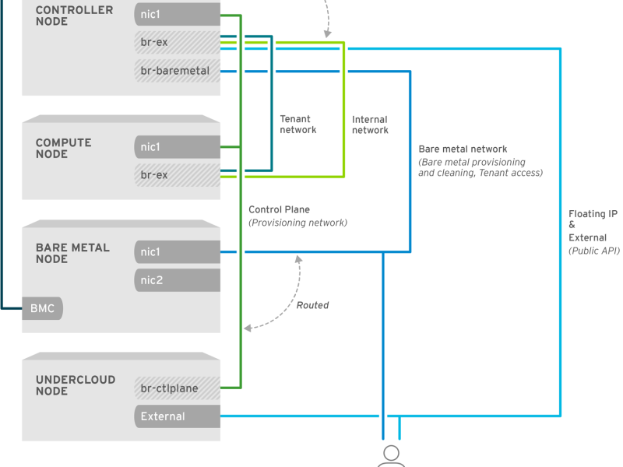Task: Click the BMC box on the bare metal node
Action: tap(42, 308)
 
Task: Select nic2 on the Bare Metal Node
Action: tap(178, 280)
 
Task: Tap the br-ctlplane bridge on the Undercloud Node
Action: tap(178, 388)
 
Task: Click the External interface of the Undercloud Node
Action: tap(178, 416)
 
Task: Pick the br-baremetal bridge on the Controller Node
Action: tap(178, 71)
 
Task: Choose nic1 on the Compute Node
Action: tap(178, 147)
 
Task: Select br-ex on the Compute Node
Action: tap(178, 174)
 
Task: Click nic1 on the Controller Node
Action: tap(178, 14)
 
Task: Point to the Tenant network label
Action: tap(298, 125)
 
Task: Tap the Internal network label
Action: tap(370, 125)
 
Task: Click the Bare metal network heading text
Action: tap(463, 149)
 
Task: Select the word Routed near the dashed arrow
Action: tap(313, 305)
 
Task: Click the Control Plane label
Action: tap(279, 209)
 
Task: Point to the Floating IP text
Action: tap(593, 213)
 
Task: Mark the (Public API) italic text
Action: tap(594, 251)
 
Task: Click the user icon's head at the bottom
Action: tap(392, 453)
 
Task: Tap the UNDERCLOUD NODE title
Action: tap(76, 385)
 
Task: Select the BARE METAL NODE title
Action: tap(72, 253)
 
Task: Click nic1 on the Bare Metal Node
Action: tap(178, 251)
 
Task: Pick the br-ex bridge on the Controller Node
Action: tap(178, 42)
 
